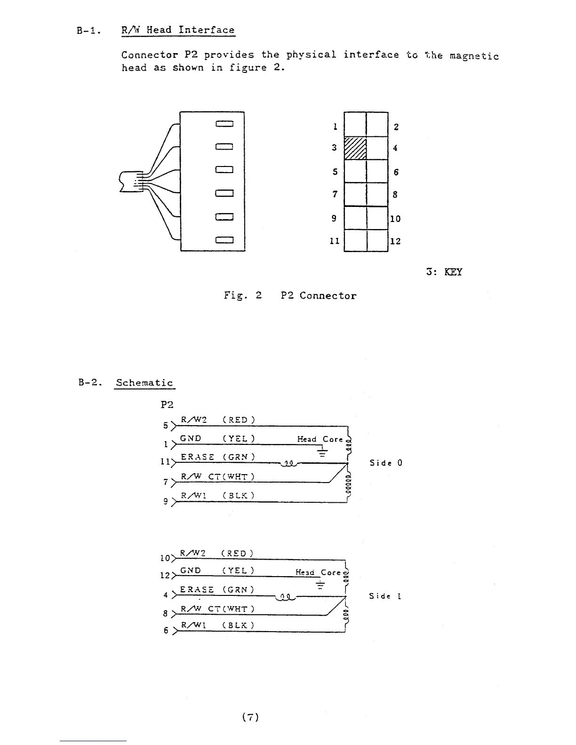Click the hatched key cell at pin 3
coord(355,148)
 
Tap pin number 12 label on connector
coord(396,241)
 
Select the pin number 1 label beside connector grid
coord(335,127)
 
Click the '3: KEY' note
coord(444,272)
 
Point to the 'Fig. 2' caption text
coord(243,296)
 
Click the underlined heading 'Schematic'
coord(144,383)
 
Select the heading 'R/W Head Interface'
coord(178,30)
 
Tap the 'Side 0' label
coord(386,463)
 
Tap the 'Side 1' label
coord(385,596)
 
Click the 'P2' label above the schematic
coord(167,404)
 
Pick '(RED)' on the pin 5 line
coord(239,420)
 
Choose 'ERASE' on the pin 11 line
coord(198,457)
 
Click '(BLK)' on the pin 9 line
coord(239,495)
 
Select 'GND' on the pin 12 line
coord(191,571)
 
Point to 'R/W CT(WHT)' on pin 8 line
coord(217,609)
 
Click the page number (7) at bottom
coord(250,717)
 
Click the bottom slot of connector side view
coord(224,240)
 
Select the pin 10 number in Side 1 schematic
coord(165,558)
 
